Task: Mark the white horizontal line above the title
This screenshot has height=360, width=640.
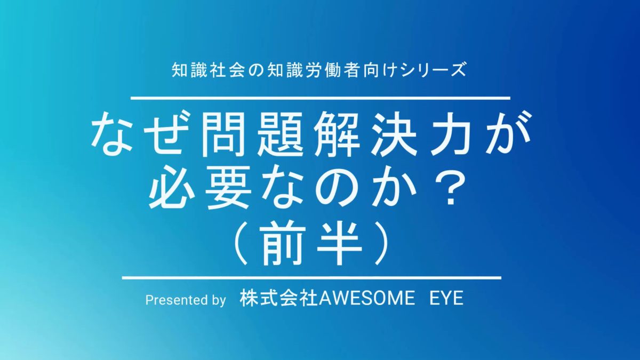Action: pyautogui.click(x=321, y=98)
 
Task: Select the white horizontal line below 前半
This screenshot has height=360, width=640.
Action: pyautogui.click(x=311, y=277)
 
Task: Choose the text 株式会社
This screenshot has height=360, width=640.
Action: pyautogui.click(x=279, y=298)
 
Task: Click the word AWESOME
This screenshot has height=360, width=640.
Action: pyautogui.click(x=366, y=299)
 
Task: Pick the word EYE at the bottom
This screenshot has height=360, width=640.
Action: pyautogui.click(x=446, y=299)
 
